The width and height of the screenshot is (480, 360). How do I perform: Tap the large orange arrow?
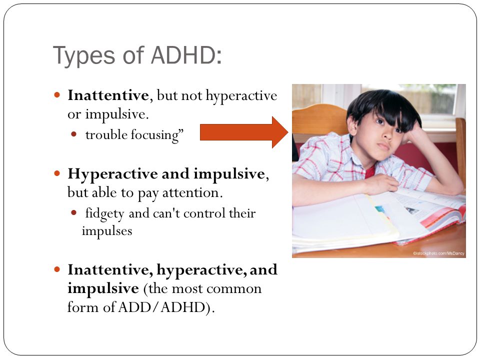pyautogui.click(x=244, y=132)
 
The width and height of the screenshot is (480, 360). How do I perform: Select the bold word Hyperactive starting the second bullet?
pyautogui.click(x=113, y=174)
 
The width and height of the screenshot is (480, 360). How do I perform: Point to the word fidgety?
pyautogui.click(x=104, y=213)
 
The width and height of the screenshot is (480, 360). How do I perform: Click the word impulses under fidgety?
pyautogui.click(x=107, y=231)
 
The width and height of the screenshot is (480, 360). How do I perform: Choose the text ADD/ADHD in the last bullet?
pyautogui.click(x=161, y=307)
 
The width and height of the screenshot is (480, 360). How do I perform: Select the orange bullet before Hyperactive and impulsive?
pyautogui.click(x=57, y=173)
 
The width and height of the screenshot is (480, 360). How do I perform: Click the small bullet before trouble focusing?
pyautogui.click(x=73, y=134)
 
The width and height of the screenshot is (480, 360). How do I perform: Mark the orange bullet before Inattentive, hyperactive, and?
pyautogui.click(x=57, y=269)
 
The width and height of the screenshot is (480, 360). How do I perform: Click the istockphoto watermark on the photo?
pyautogui.click(x=438, y=253)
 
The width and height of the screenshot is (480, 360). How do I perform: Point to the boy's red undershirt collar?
pyautogui.click(x=370, y=171)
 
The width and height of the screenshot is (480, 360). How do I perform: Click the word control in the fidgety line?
pyautogui.click(x=203, y=213)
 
